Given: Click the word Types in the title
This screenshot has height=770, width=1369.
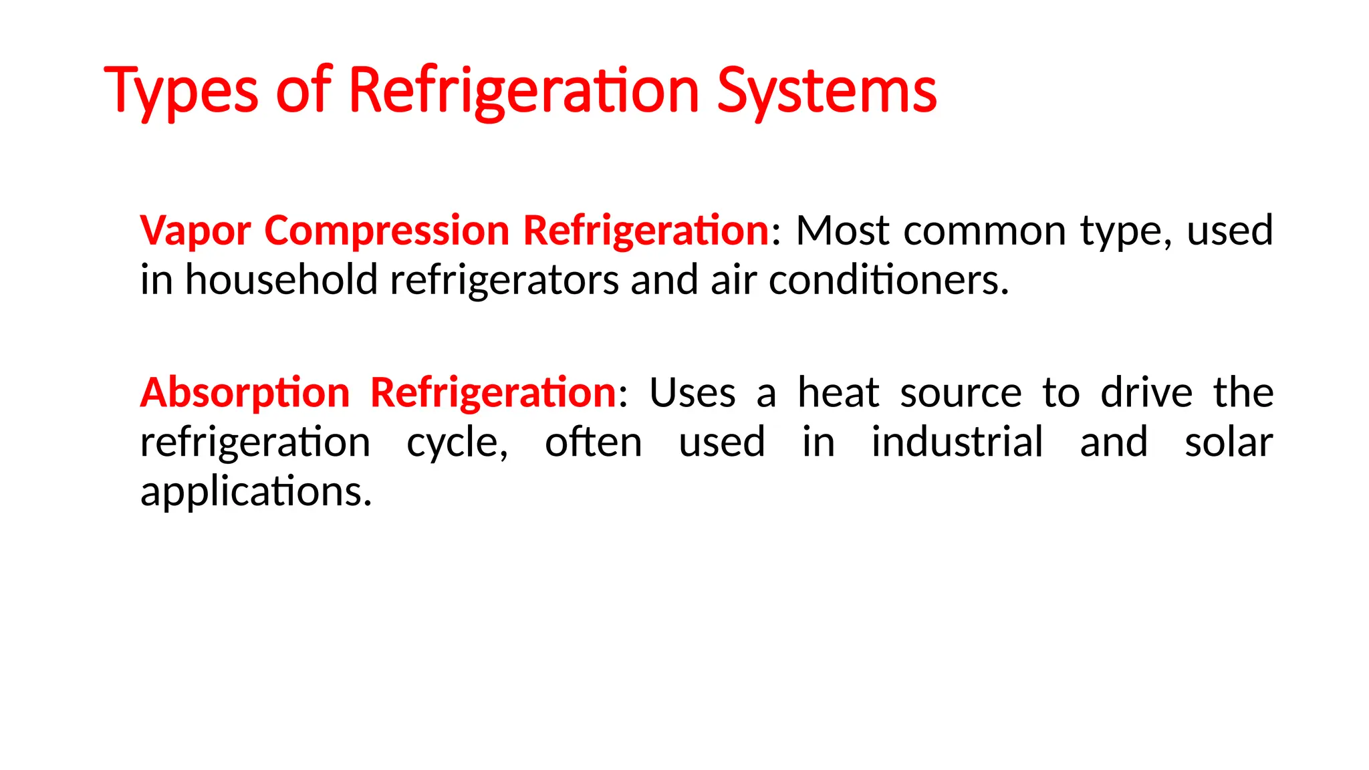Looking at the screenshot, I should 181,91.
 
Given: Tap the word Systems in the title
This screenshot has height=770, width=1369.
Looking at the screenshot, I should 827,91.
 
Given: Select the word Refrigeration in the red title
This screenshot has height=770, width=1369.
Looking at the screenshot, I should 523,91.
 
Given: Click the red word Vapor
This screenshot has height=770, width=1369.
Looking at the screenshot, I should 195,231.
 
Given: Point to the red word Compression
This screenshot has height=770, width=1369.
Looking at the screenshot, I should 387,231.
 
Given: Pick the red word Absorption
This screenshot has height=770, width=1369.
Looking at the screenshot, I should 245,392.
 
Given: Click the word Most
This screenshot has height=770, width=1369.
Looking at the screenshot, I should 843,231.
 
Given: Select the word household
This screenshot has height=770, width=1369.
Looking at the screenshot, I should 281,280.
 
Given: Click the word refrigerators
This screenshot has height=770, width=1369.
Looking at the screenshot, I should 504,280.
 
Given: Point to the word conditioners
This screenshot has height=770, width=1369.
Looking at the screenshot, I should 888,280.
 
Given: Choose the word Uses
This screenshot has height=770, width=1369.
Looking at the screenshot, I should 693,392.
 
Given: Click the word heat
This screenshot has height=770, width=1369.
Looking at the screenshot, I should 838,392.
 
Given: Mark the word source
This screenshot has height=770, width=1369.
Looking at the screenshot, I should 961,392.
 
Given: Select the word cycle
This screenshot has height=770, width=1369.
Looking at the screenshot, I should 457,442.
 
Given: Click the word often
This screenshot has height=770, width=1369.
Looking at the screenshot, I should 594,442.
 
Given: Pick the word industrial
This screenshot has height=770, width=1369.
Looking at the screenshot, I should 957,442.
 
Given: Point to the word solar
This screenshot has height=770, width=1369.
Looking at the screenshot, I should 1229,442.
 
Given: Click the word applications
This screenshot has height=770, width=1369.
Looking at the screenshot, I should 255,492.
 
